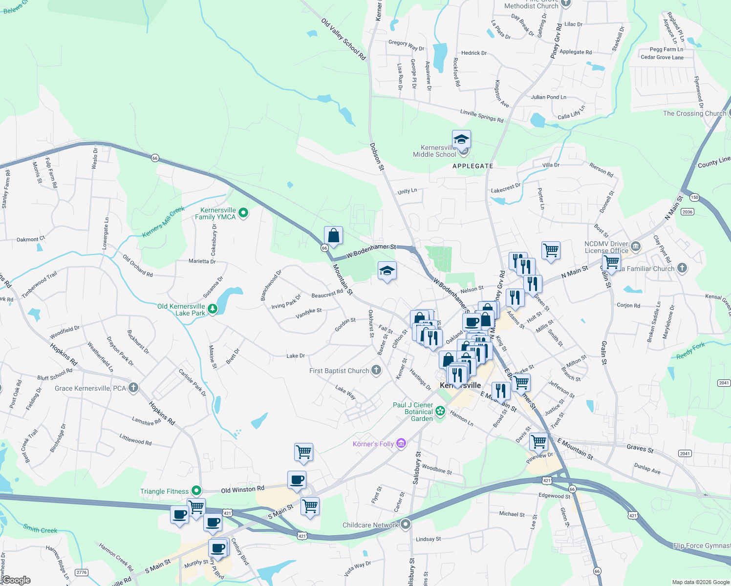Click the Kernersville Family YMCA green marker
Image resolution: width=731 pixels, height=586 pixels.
pos(243,213)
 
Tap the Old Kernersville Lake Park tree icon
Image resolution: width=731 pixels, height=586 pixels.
pos(213,309)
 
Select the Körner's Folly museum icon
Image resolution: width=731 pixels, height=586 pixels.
pos(401,443)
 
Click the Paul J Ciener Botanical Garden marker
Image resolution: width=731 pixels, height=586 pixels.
pos(440,411)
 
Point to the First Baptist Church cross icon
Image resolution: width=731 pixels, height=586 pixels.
pos(376,370)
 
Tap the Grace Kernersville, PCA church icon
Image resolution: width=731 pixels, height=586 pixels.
pos(133,388)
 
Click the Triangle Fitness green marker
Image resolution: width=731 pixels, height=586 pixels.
pos(196,490)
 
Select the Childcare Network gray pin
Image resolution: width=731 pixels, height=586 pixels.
pos(405,524)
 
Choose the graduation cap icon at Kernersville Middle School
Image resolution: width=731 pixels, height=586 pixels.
pos(461,140)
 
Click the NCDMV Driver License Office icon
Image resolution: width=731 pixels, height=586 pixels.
pos(635,246)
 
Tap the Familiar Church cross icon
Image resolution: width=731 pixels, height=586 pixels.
pos(682,268)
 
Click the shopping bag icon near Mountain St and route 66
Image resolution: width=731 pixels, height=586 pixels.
pos(333,236)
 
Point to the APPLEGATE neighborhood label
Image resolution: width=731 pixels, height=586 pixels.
pos(473,166)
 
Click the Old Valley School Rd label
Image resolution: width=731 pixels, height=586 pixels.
pos(344,39)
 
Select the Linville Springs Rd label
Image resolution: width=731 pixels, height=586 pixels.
pos(481,115)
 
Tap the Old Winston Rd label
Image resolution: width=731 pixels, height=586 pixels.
pos(242,489)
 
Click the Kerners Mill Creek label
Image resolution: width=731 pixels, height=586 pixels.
pos(163,222)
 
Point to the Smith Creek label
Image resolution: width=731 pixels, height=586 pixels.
pos(40,528)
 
